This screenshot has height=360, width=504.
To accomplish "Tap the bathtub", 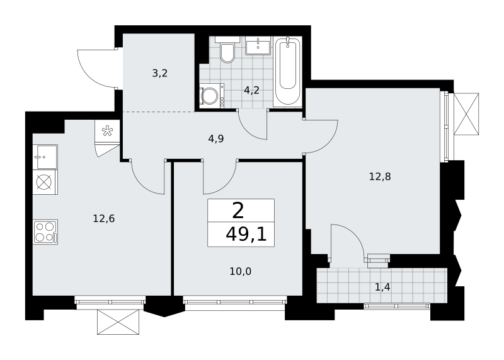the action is [x=287, y=71].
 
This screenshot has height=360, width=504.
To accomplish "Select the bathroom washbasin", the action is [x=258, y=45].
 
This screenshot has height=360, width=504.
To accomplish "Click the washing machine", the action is [x=212, y=96].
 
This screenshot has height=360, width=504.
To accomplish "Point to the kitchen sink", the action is [x=45, y=157].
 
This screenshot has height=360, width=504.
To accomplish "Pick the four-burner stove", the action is [x=45, y=231].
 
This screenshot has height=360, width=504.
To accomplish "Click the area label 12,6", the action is [x=104, y=219].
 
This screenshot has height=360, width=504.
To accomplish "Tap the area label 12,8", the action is [x=380, y=177].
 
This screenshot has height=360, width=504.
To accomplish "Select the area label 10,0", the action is [x=241, y=272].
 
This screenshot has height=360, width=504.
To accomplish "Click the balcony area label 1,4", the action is [x=382, y=287].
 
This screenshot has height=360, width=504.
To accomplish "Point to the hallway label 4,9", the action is [x=216, y=139].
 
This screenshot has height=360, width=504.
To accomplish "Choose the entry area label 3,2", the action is [x=160, y=73].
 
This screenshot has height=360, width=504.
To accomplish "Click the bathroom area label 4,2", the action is [x=251, y=90].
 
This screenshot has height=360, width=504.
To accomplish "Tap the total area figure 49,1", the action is [x=246, y=235].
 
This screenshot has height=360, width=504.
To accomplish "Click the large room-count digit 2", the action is [x=238, y=211].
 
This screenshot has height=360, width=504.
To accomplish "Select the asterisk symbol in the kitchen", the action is [x=107, y=132].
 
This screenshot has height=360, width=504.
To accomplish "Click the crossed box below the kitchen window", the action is [x=118, y=322].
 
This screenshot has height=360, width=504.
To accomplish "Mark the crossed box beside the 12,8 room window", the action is [x=466, y=114].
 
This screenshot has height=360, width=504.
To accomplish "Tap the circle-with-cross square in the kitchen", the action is [x=45, y=182].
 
